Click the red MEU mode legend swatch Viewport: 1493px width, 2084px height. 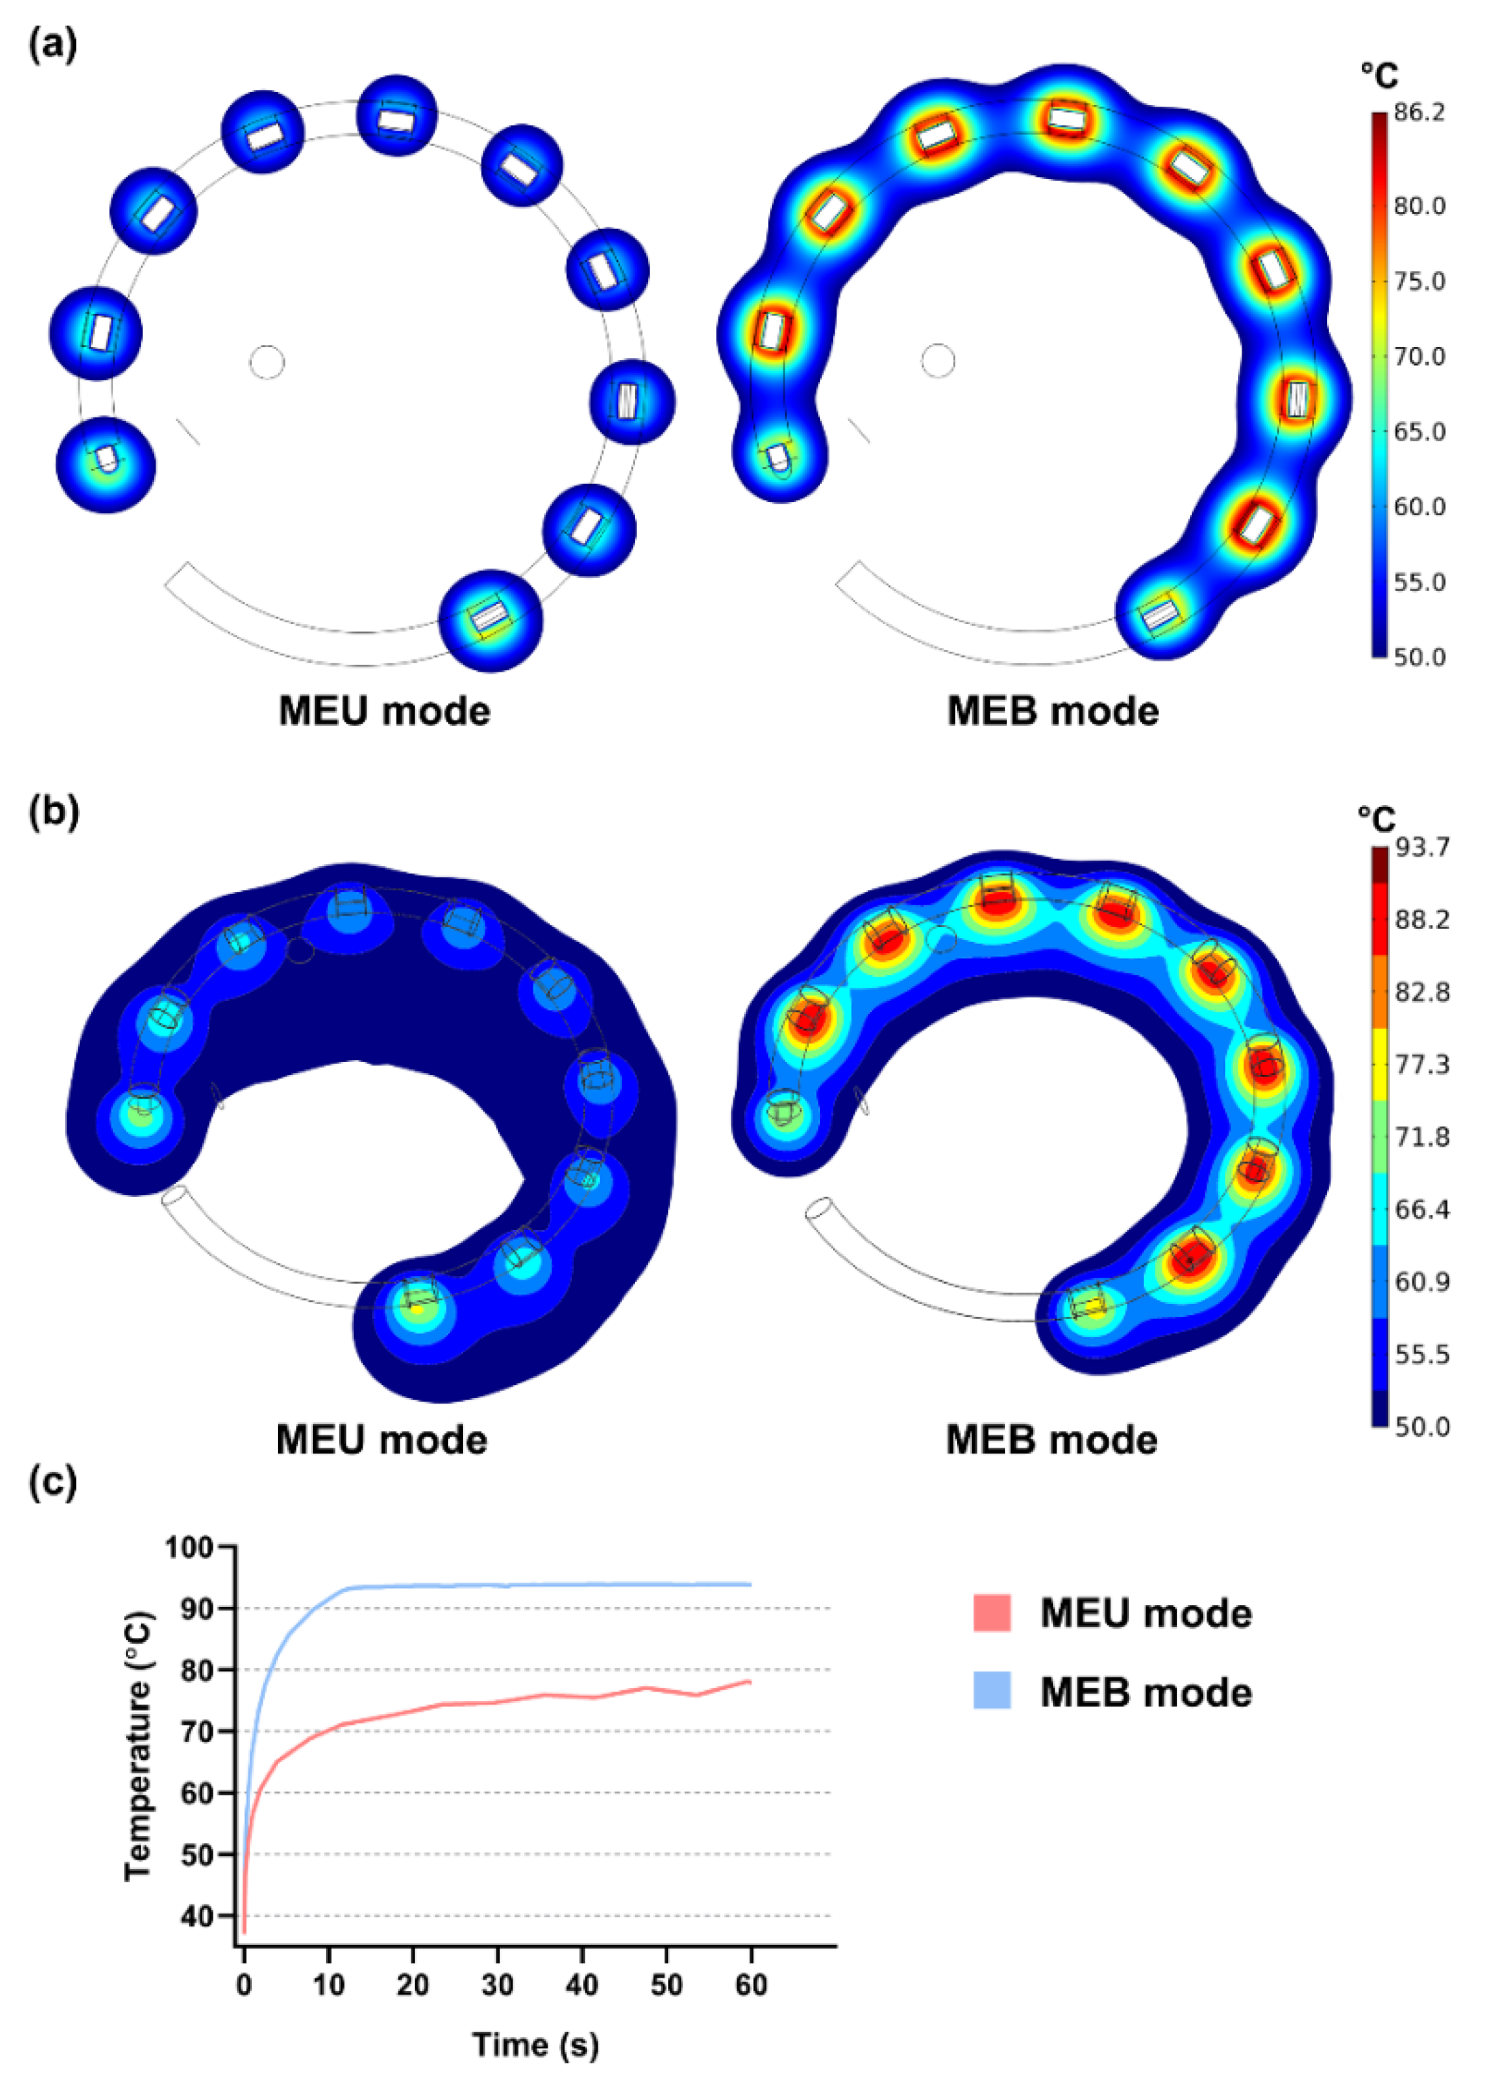(x=991, y=1612)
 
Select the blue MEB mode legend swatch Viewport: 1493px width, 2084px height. (x=991, y=1691)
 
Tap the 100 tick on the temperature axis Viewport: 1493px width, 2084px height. (x=188, y=1547)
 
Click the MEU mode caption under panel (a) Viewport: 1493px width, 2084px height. (x=384, y=711)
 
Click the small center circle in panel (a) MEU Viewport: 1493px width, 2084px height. (x=268, y=362)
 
